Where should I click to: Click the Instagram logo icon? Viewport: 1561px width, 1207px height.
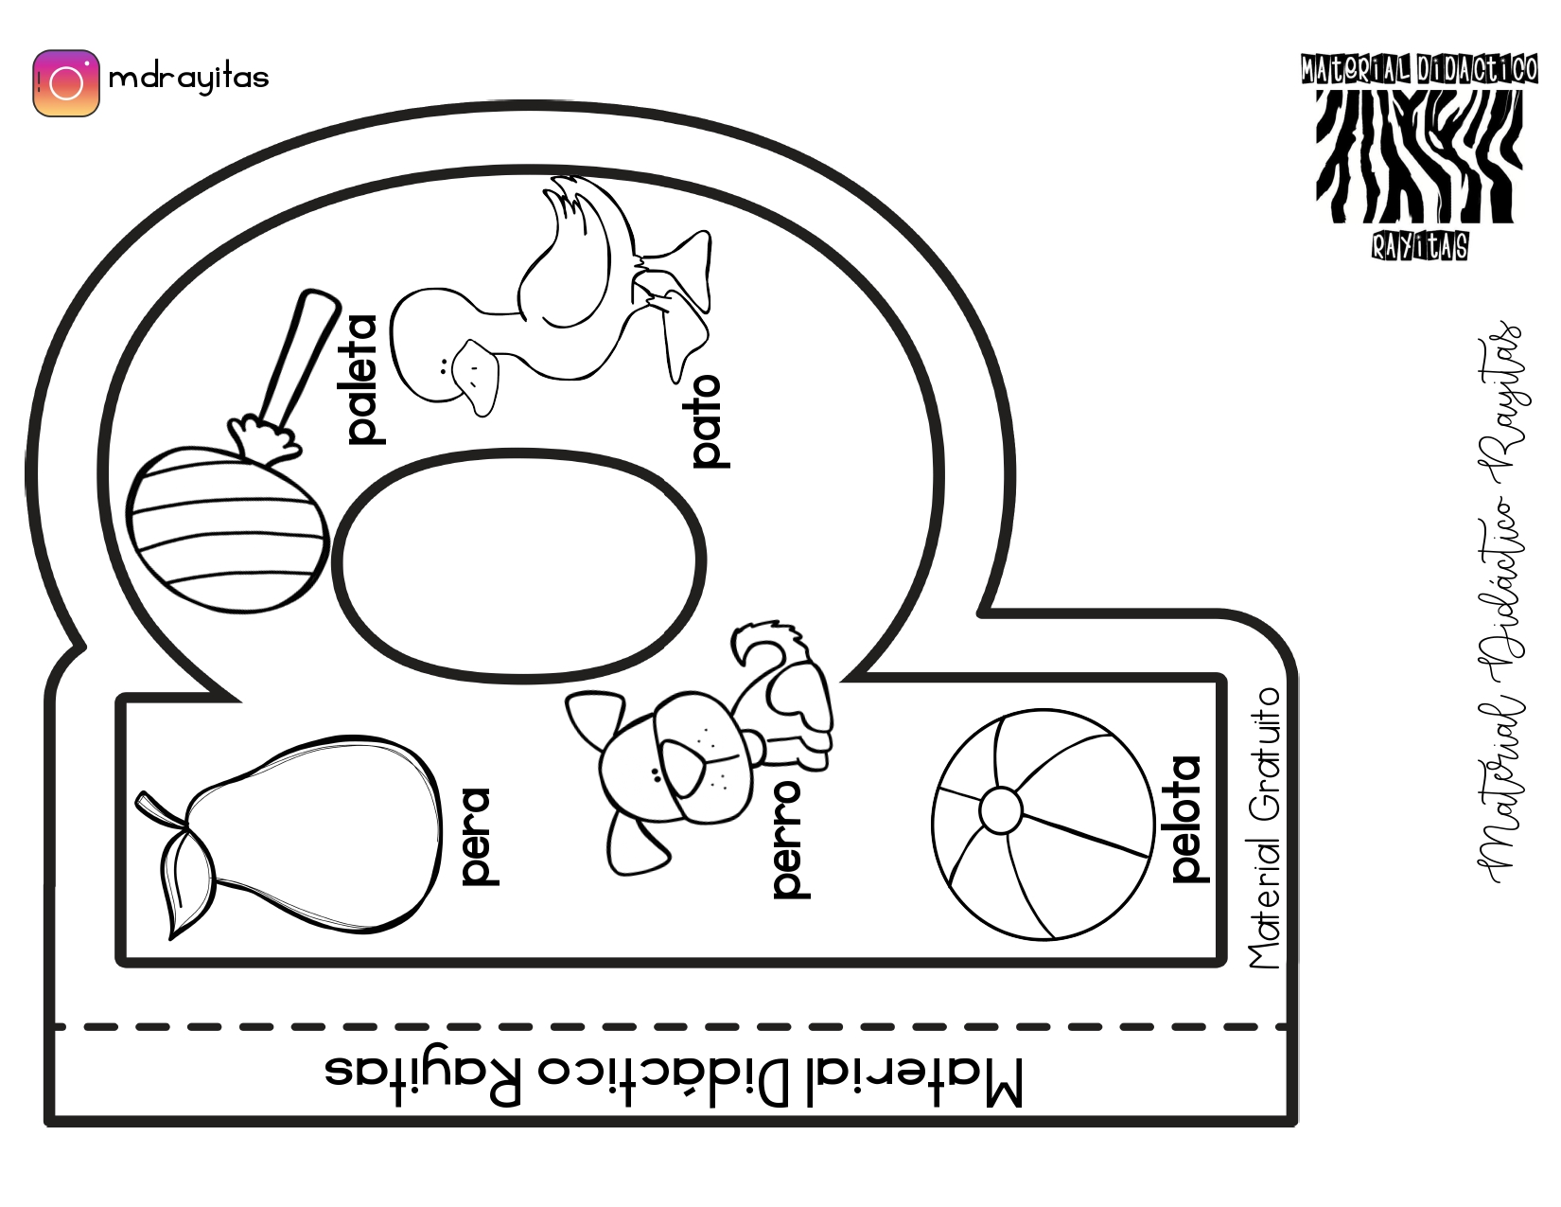[x=66, y=83]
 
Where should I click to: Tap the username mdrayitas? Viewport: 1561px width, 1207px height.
[x=189, y=79]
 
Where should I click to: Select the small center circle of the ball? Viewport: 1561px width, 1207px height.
[x=1000, y=809]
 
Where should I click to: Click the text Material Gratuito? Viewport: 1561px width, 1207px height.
[x=1264, y=827]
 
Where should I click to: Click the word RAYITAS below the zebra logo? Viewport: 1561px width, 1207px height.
[x=1419, y=246]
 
